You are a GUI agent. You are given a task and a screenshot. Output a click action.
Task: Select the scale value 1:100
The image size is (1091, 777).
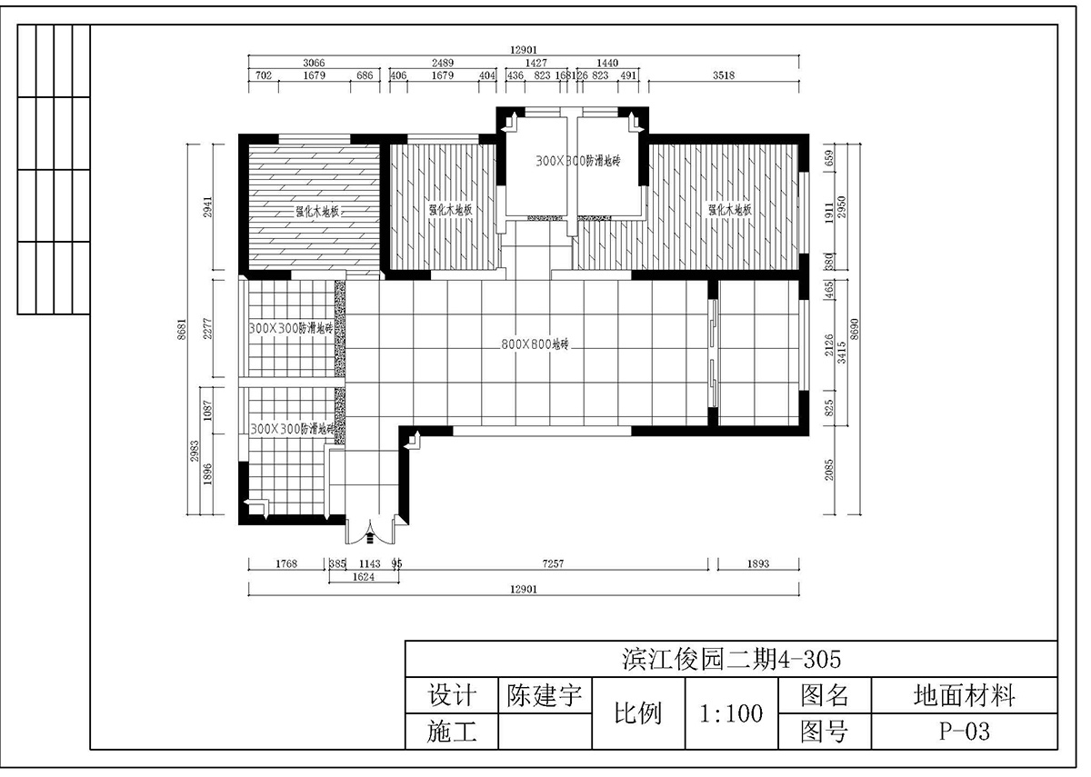[731, 713]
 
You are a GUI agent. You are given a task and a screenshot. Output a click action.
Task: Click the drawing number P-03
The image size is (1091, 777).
[964, 732]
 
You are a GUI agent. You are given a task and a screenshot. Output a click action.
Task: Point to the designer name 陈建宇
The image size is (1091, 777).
[545, 696]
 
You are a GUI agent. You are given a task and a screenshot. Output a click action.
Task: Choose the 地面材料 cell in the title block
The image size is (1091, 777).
[964, 696]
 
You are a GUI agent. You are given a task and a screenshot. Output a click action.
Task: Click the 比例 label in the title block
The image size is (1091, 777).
[638, 713]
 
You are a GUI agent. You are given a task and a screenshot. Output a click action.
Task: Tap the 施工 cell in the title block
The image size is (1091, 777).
[452, 732]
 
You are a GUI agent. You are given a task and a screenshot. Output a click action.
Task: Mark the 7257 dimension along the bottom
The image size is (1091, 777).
[554, 563]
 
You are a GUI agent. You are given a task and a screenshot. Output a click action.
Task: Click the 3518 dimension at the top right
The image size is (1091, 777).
[724, 75]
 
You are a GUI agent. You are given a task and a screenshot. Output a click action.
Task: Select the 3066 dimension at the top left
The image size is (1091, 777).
[315, 62]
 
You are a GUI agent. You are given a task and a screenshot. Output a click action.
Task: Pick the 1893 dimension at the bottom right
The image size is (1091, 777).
[758, 563]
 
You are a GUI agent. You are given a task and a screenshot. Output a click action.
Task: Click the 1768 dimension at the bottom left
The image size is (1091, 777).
[286, 563]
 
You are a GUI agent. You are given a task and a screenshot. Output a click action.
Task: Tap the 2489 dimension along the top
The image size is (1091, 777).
[442, 62]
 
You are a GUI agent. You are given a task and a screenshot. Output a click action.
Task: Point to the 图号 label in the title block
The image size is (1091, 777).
[825, 732]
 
